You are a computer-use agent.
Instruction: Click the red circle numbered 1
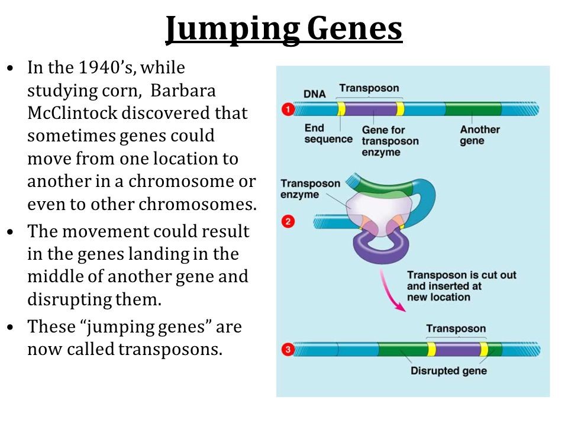pos(288,109)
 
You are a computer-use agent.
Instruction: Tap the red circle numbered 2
pos(288,221)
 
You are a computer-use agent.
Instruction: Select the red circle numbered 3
pos(288,350)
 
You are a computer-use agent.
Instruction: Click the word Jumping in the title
pos(232,30)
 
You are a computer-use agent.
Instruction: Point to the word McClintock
pos(72,113)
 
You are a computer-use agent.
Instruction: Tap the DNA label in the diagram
pos(314,94)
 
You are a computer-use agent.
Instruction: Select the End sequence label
pos(328,134)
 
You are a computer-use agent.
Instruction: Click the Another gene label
pos(480,135)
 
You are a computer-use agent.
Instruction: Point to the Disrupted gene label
pos(448,371)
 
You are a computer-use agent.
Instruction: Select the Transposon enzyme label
pos(310,189)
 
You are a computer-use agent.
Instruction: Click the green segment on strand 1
pos(473,109)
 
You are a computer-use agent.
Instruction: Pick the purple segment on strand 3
pos(457,349)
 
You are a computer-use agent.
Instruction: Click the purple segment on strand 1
pos(370,109)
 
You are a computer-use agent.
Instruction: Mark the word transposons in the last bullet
pos(170,350)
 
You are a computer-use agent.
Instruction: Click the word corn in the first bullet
pos(122,91)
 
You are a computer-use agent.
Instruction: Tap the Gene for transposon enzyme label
pos(390,141)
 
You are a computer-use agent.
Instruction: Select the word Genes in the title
pos(354,29)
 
